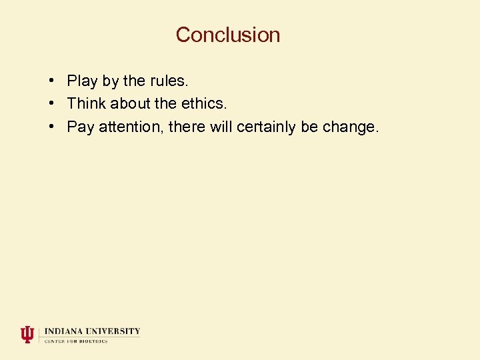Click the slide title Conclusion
(x=228, y=35)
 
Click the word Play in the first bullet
(x=82, y=81)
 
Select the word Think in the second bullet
(x=87, y=104)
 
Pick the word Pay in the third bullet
(x=81, y=127)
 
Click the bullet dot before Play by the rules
(x=51, y=81)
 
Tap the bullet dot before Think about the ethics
(x=51, y=104)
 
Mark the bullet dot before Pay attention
(x=51, y=127)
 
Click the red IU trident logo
(x=27, y=334)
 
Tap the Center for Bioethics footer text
(x=76, y=341)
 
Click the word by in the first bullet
(x=111, y=81)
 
